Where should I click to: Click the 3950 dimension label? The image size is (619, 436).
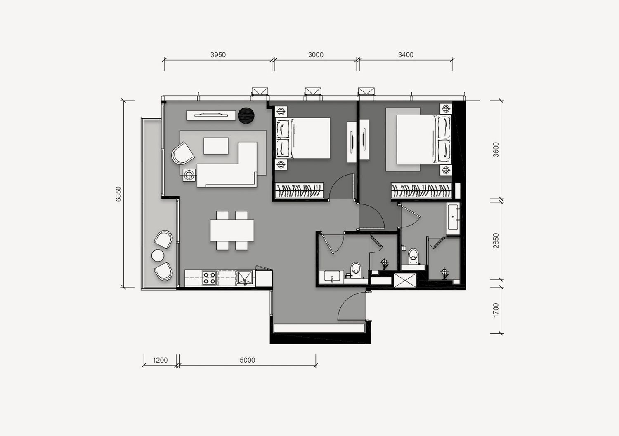pos(218,55)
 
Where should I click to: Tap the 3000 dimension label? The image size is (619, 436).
pos(316,55)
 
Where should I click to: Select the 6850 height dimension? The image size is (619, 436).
pos(118,194)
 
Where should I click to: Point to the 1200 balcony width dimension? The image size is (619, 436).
pos(160,360)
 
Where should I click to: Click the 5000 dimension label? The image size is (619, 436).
pos(247,360)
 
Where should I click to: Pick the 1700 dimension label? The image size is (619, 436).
pos(496,310)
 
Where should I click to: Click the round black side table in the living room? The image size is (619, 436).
pos(246,115)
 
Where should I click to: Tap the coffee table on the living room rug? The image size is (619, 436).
pos(216,146)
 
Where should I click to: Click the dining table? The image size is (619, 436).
pos(232,230)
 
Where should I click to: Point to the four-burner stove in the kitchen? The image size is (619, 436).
pos(209,278)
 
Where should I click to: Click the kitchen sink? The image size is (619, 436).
pos(245,278)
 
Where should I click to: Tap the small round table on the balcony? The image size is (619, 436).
pos(158,256)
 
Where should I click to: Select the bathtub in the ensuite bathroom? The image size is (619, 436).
pos(453,218)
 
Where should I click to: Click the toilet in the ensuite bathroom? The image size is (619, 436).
pos(413,257)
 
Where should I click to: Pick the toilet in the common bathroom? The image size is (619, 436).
pos(356,270)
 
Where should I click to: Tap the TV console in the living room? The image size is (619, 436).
pos(211,115)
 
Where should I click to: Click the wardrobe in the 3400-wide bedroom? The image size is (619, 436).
pos(421,190)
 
